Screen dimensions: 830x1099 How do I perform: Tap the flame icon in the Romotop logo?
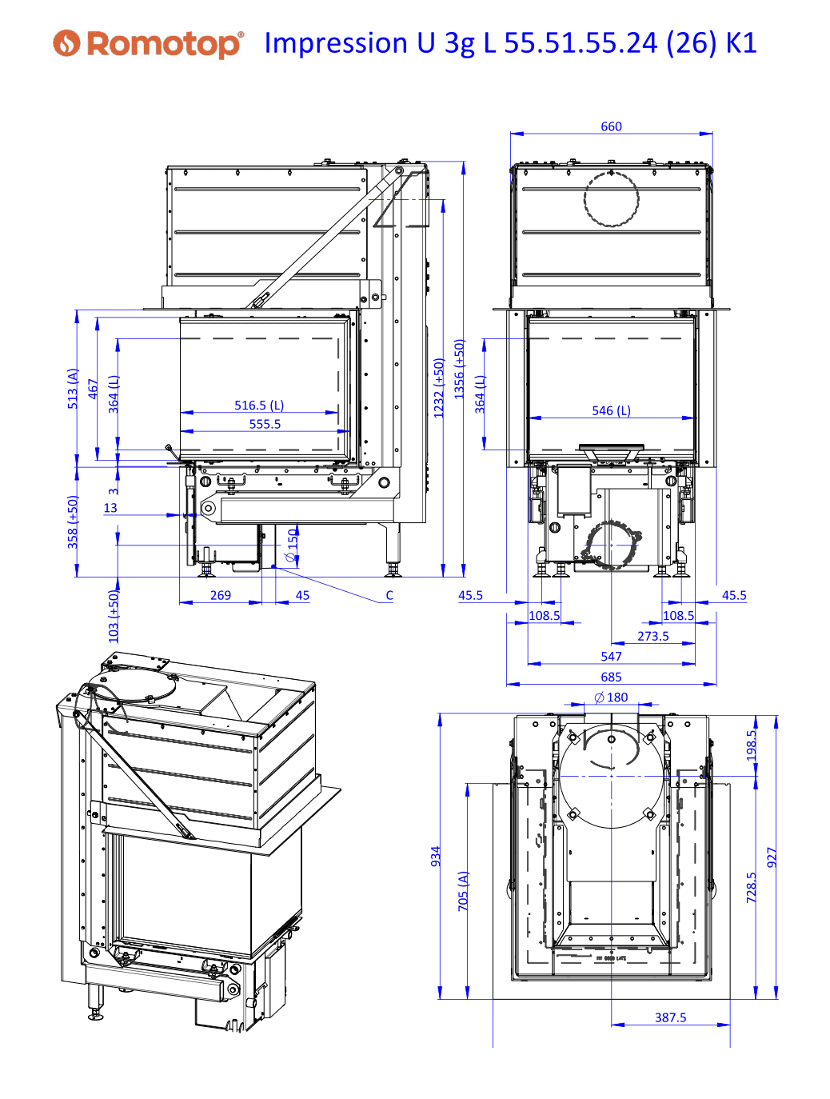tap(66, 43)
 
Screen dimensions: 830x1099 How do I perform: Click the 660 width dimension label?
tap(611, 126)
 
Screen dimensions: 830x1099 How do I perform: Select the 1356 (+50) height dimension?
tap(459, 369)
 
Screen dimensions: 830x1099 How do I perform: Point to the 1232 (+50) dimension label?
tap(439, 388)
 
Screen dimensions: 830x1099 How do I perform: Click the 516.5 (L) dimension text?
tap(259, 405)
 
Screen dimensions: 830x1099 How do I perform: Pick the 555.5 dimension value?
tap(265, 424)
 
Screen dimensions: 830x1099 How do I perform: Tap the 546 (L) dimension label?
tap(611, 410)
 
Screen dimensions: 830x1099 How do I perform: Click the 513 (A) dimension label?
tap(73, 389)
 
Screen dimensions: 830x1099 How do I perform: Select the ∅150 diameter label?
tap(291, 546)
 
